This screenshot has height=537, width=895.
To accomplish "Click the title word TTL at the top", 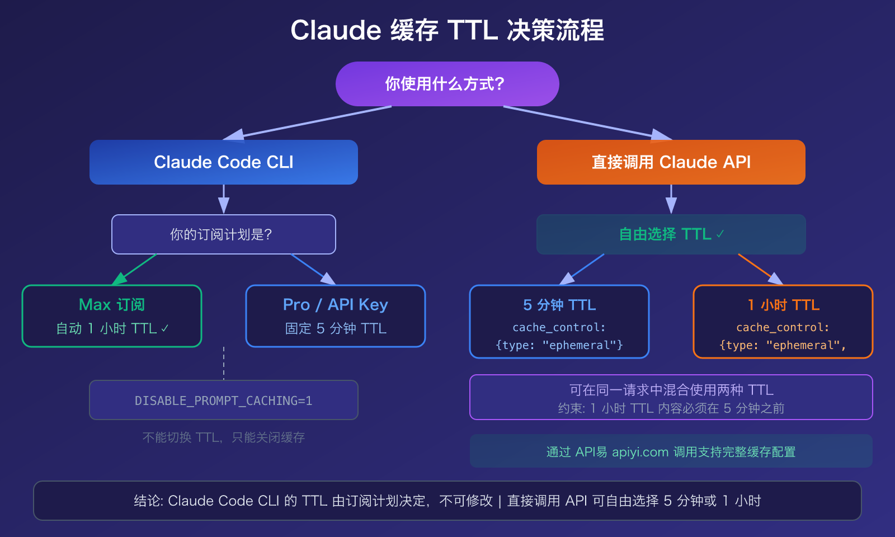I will pos(473,30).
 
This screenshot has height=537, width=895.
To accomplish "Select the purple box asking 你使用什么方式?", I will pos(447,84).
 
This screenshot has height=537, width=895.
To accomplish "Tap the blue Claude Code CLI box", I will pos(224,162).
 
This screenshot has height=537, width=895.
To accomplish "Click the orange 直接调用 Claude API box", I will pos(671,162).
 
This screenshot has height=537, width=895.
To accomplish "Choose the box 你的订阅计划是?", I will pos(224,234).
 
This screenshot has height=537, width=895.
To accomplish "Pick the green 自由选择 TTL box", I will pos(671,234).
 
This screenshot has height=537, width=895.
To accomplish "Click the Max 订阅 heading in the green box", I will pos(112,305).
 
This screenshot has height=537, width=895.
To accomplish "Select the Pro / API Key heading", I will pos(336,305).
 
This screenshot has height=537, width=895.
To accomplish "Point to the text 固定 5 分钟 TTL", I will pos(336,329).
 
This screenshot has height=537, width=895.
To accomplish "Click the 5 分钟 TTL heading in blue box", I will pos(559,305).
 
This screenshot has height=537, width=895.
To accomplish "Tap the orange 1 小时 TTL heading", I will pos(783,305).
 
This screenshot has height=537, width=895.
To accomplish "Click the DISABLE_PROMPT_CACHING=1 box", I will pos(224,401).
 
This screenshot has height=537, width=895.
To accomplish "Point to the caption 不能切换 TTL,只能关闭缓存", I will pos(224,437).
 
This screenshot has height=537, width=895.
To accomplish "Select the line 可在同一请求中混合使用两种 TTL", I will pos(671,390).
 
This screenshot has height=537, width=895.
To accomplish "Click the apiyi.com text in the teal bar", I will pos(640,452).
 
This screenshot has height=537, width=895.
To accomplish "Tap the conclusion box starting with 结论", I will pos(447,501).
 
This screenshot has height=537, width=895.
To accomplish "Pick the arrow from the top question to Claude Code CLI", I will pos(308,123).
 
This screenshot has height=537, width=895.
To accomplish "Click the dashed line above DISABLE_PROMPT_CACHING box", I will pos(224,364).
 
